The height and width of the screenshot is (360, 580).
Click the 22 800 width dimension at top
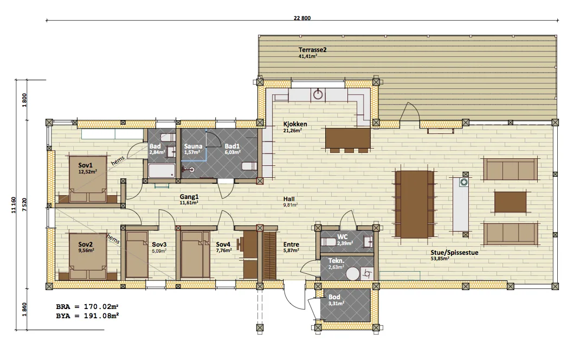tap(302, 18)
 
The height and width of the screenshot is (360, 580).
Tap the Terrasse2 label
tap(313, 49)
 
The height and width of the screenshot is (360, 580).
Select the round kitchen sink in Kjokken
tap(318, 94)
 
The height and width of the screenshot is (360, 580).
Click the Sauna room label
tap(193, 146)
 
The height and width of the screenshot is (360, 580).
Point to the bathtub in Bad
tap(162, 171)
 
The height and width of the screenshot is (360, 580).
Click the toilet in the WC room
tap(328, 242)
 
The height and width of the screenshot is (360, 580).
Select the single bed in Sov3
tap(137, 255)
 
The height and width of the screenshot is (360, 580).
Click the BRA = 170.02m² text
tap(87, 307)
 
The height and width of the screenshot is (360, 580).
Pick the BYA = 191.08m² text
tap(87, 316)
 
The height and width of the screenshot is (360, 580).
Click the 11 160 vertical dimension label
tap(14, 205)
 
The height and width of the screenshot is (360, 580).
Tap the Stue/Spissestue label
tap(454, 253)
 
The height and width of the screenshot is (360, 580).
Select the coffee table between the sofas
tap(511, 202)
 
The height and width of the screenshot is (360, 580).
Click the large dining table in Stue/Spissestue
tap(415, 204)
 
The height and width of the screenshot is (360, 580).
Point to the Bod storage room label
tap(334, 297)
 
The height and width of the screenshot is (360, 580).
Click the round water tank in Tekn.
tap(352, 273)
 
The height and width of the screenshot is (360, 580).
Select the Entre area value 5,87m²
tap(292, 250)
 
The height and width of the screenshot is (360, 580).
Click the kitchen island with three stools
tap(347, 139)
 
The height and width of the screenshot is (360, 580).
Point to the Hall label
tap(289, 199)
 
